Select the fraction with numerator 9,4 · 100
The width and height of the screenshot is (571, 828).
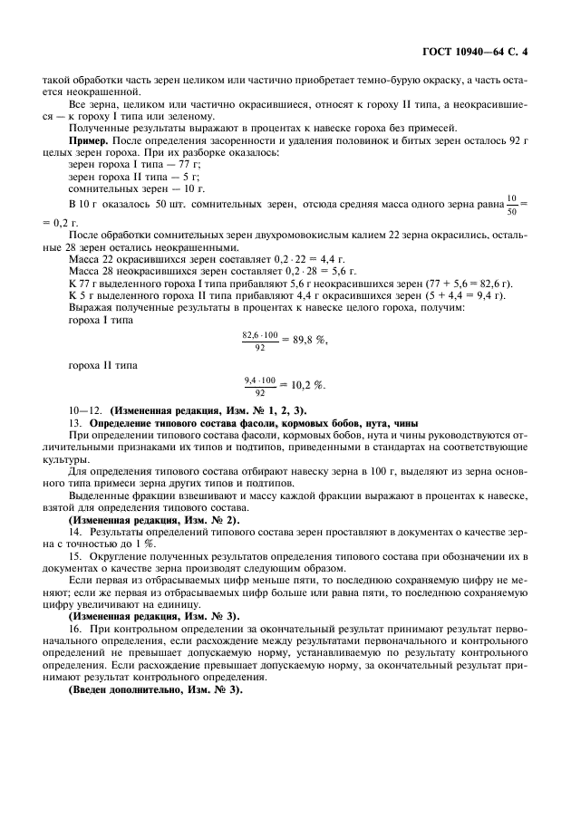click(x=261, y=386)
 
